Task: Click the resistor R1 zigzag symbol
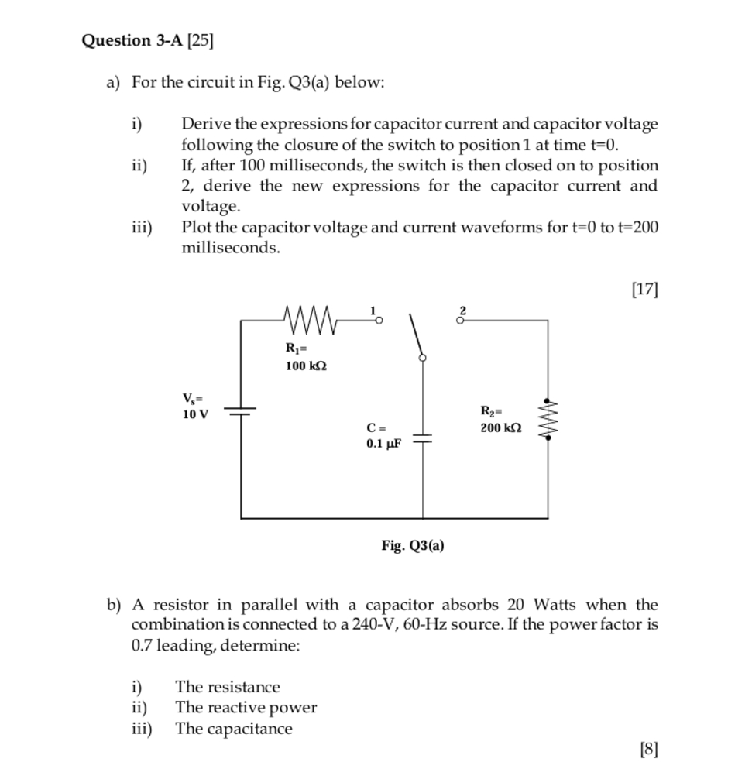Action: tap(310, 318)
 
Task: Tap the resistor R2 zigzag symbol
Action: tap(548, 419)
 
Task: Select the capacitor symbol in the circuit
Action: tap(422, 439)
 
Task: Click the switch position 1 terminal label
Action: tap(373, 311)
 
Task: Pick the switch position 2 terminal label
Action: tap(462, 311)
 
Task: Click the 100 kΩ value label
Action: tap(306, 366)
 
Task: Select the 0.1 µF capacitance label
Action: tap(384, 445)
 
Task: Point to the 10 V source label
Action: tap(195, 414)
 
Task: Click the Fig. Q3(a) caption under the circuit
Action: tap(413, 545)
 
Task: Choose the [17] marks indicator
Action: tap(644, 290)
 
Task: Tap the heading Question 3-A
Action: tap(132, 39)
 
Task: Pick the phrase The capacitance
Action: tap(234, 729)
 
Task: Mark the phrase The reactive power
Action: tap(246, 707)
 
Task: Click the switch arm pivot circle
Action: tap(422, 358)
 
